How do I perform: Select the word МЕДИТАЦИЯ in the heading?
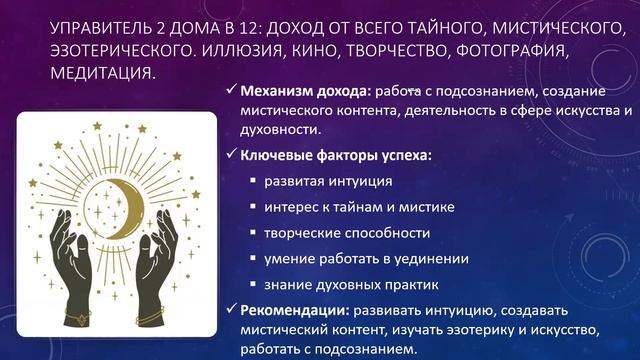104,74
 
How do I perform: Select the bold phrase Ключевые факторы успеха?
335,155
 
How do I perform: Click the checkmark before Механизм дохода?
229,91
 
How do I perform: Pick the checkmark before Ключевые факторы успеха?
229,155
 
